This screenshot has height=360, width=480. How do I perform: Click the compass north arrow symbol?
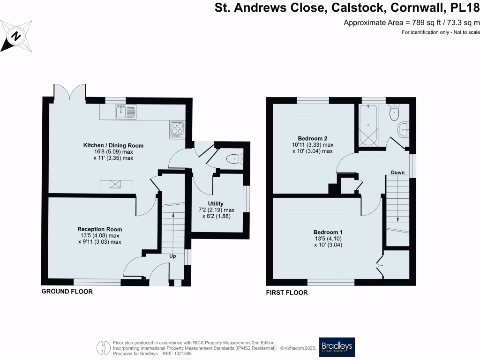coord(16,36)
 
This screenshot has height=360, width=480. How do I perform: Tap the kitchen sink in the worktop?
coord(126,112)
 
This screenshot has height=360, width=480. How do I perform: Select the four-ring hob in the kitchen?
coord(177,128)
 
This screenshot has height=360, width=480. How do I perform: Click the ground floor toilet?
coord(233,159)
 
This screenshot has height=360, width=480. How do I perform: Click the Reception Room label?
coord(99,229)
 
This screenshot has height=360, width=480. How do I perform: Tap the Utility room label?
coord(215,203)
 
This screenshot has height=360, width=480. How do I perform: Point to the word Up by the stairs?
coord(173,256)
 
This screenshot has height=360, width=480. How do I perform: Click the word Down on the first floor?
coord(397,172)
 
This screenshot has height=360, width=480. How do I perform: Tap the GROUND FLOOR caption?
coord(67,292)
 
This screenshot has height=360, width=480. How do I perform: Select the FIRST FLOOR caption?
coord(287,292)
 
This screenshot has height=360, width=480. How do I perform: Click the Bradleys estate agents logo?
coord(337,347)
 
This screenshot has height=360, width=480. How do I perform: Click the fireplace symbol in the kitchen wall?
coord(115,185)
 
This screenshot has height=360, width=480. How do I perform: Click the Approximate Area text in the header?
coord(412,22)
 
